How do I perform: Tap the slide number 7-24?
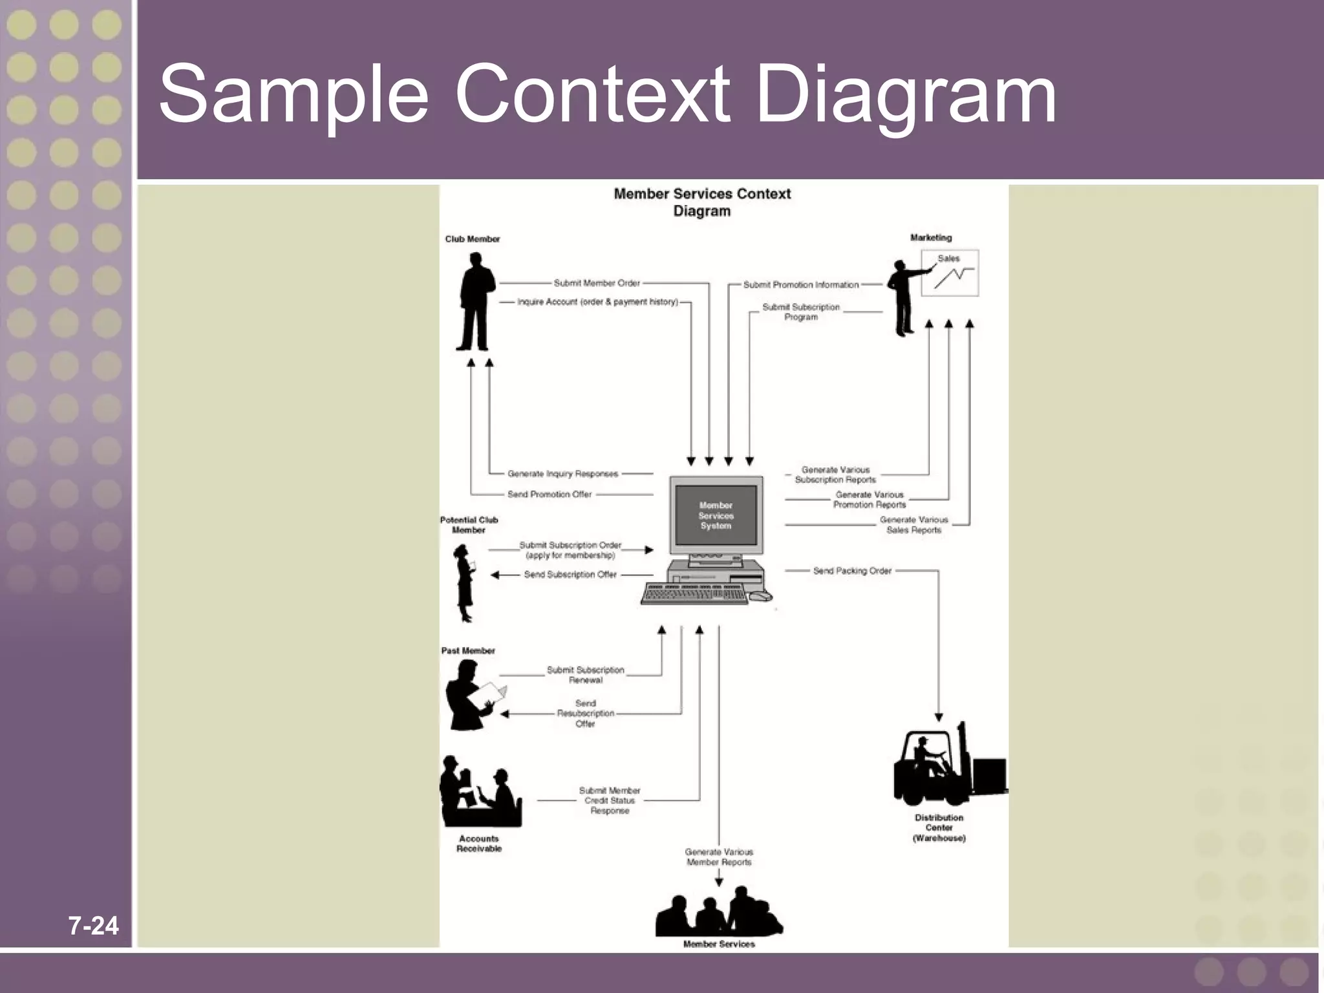pos(94,926)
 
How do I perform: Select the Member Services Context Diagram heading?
pos(702,202)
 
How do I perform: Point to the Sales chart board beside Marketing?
pos(949,273)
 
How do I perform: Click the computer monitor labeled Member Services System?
pos(716,515)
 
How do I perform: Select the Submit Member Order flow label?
pos(597,283)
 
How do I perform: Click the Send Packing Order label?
pos(852,571)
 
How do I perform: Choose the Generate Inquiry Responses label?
pos(562,474)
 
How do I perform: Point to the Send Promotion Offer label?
pos(550,495)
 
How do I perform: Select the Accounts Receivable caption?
pos(478,844)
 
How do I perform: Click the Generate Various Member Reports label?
pos(719,857)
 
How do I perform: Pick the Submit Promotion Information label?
pos(801,285)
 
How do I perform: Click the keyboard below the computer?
pos(695,593)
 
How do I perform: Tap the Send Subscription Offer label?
pos(570,575)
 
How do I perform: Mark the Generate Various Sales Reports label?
pos(913,525)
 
